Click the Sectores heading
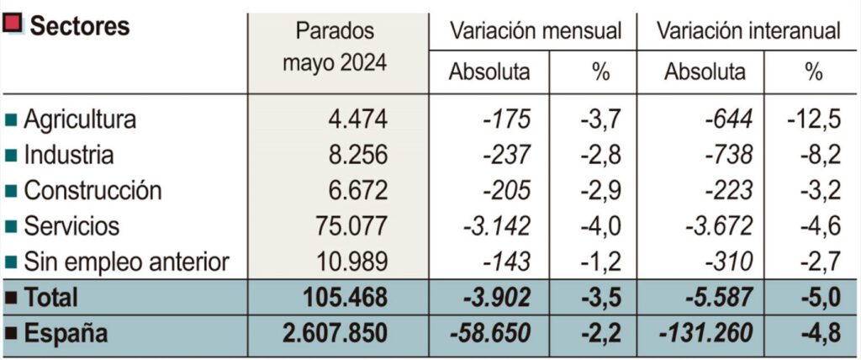click(x=79, y=26)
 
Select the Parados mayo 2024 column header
click(x=335, y=47)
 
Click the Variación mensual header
click(x=536, y=31)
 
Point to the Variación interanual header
click(x=748, y=31)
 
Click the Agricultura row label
click(x=79, y=119)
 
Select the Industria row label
click(x=68, y=156)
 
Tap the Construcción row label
click(x=92, y=191)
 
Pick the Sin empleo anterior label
click(x=125, y=262)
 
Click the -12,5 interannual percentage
click(x=815, y=119)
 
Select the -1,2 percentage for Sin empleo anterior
click(x=600, y=262)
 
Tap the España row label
click(x=66, y=333)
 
